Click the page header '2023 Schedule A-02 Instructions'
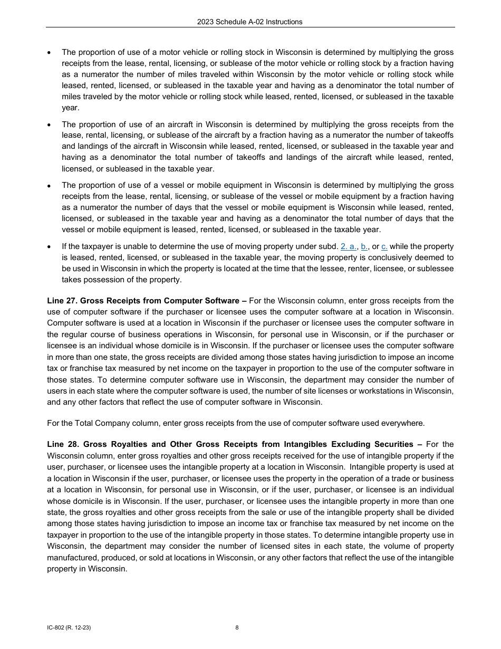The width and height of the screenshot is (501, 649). pos(249,22)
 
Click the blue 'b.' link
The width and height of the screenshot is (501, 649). pos(364,246)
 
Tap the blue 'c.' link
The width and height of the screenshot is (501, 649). pos(384,246)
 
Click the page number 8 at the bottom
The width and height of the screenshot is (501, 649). pos(237,627)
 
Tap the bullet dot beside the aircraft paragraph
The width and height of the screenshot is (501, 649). pos(49,125)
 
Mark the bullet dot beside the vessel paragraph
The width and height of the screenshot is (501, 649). pos(49,186)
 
